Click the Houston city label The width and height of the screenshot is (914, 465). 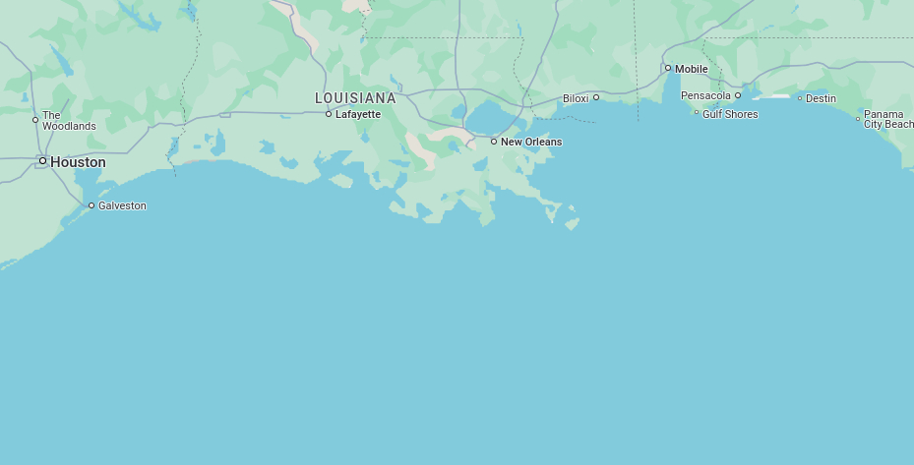pyautogui.click(x=78, y=162)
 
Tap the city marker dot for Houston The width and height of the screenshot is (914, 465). pyautogui.click(x=42, y=160)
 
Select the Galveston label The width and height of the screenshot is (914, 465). pyautogui.click(x=122, y=205)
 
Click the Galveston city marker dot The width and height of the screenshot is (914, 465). pyautogui.click(x=91, y=205)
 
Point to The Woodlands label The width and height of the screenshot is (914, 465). pyautogui.click(x=69, y=121)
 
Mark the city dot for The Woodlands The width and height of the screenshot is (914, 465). pyautogui.click(x=35, y=120)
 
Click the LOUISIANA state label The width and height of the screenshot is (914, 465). pyautogui.click(x=355, y=98)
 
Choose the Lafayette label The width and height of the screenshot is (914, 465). pyautogui.click(x=357, y=114)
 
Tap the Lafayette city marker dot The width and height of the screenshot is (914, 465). pyautogui.click(x=329, y=114)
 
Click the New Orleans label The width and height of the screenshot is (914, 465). pyautogui.click(x=531, y=142)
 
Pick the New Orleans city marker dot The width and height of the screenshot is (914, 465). pyautogui.click(x=494, y=142)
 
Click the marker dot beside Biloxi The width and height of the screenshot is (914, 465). pyautogui.click(x=596, y=96)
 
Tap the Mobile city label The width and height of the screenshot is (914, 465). pyautogui.click(x=691, y=69)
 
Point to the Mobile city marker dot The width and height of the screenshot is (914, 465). pyautogui.click(x=668, y=68)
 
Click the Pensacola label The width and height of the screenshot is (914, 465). pyautogui.click(x=705, y=95)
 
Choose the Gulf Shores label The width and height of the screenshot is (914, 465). pyautogui.click(x=730, y=114)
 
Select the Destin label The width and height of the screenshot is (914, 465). pyautogui.click(x=821, y=98)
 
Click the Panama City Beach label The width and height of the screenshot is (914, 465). pyautogui.click(x=888, y=119)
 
